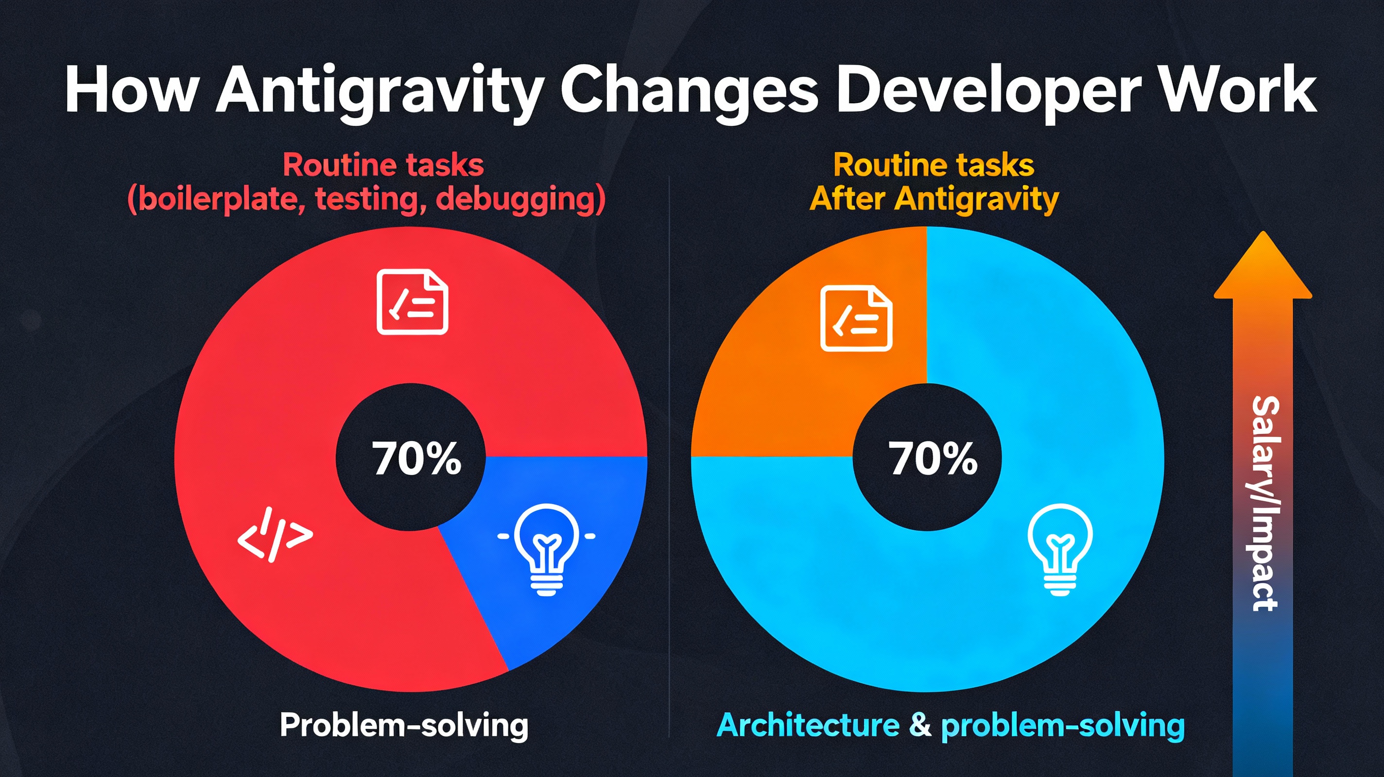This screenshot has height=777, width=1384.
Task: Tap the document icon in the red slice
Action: [x=412, y=303]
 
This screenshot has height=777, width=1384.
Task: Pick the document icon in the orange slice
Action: [x=856, y=319]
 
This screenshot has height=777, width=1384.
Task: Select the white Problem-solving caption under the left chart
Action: [x=404, y=726]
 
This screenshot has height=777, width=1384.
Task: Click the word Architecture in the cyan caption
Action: [x=808, y=726]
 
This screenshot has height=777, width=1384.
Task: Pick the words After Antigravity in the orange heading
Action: [x=934, y=199]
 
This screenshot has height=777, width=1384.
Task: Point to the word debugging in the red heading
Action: [x=519, y=200]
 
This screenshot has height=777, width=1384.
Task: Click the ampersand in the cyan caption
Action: [x=920, y=726]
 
